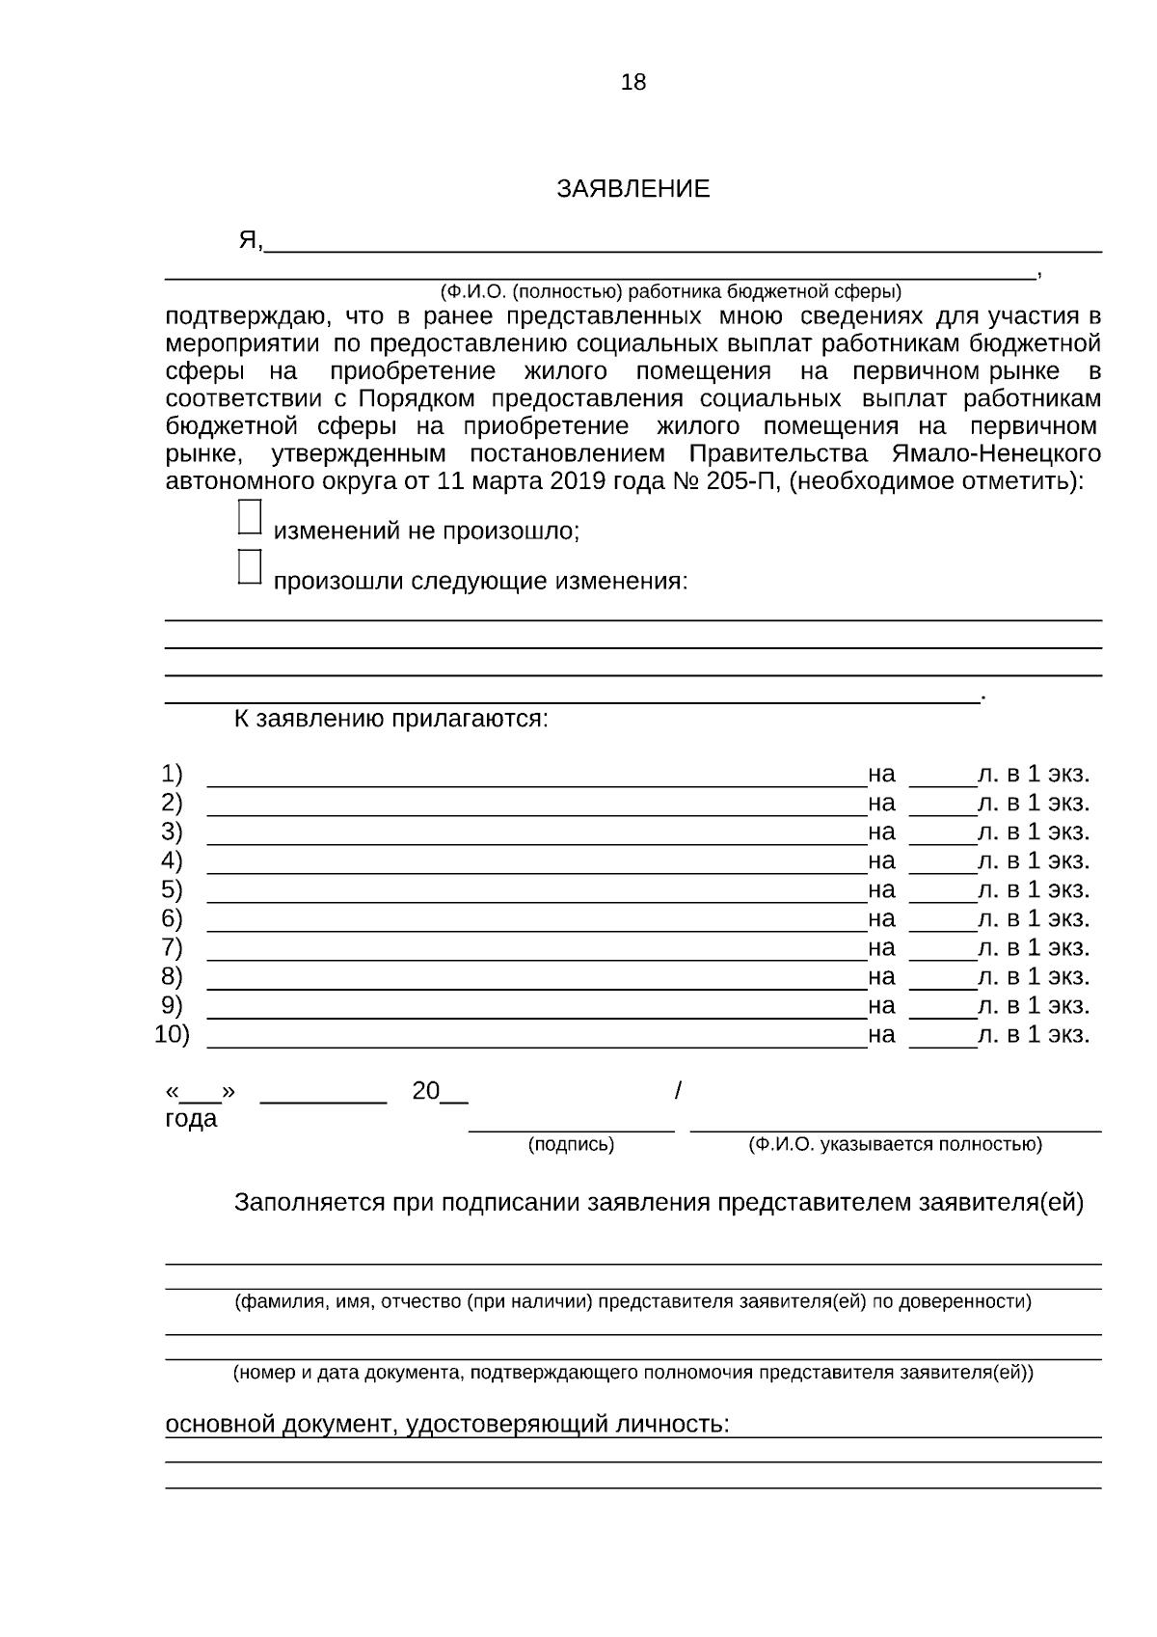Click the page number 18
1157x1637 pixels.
point(633,83)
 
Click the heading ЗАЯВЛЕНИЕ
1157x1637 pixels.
point(632,189)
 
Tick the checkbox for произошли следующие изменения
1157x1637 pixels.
point(249,567)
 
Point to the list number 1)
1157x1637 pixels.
point(172,774)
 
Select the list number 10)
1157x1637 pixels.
point(173,1035)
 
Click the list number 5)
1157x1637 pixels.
point(172,889)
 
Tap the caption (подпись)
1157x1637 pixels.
point(571,1145)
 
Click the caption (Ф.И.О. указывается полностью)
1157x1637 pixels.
point(895,1145)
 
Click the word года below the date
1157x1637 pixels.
point(191,1120)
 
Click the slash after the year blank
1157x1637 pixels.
point(678,1091)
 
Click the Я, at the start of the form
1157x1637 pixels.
point(250,240)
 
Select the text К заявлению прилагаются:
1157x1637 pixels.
point(390,720)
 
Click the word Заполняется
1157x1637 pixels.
point(309,1203)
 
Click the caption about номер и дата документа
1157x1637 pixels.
point(632,1373)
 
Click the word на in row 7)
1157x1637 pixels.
point(881,948)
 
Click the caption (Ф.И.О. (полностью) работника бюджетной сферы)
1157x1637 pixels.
point(670,291)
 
